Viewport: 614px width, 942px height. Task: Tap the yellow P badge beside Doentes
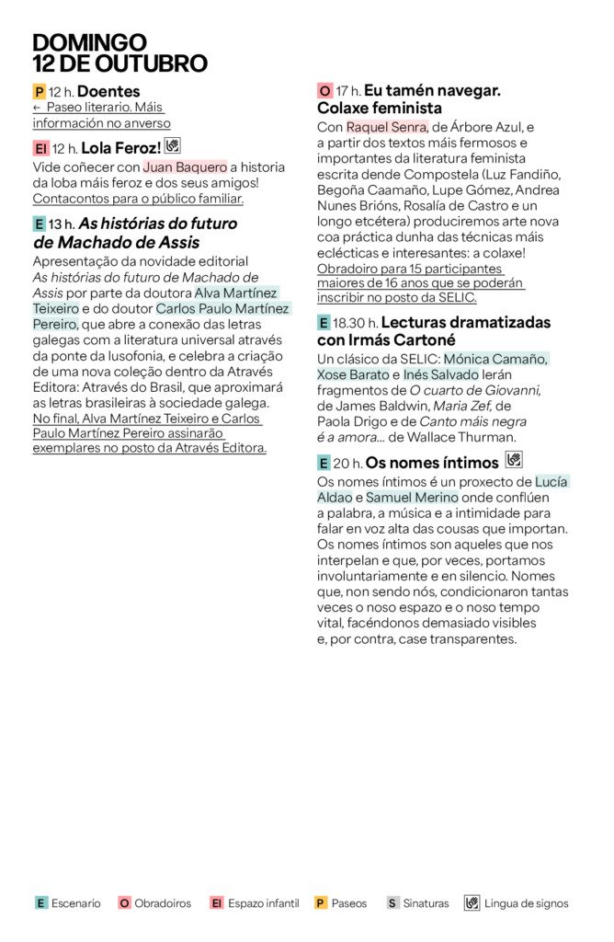39,92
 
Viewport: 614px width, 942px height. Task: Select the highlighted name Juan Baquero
185,167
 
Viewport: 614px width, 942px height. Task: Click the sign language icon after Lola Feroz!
173,145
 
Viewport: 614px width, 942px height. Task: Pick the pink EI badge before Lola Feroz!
40,147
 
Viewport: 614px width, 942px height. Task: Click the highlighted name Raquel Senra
387,127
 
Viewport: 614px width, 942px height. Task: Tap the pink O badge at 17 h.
324,91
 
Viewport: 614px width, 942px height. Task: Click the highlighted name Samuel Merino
405,498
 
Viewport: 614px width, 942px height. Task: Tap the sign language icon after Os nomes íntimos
514,460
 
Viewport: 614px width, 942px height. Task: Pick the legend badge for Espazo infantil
217,903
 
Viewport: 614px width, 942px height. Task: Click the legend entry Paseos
347,903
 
